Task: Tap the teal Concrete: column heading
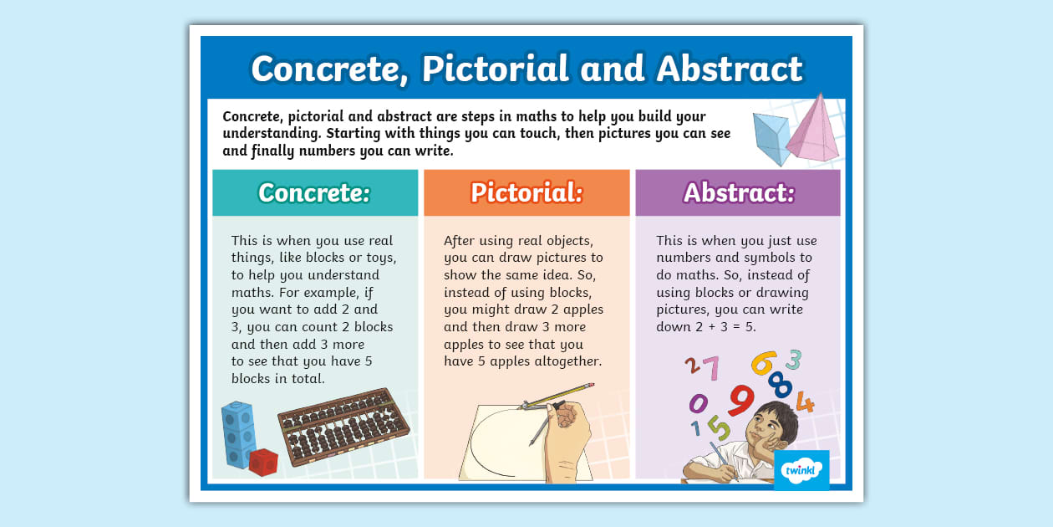314,192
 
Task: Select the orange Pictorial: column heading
526,192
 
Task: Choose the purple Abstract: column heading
739,192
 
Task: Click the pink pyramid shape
812,130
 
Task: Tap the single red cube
264,462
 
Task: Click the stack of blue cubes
238,432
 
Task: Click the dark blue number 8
780,384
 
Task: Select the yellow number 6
764,363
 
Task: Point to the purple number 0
698,404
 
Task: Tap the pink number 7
710,368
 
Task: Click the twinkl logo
801,469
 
